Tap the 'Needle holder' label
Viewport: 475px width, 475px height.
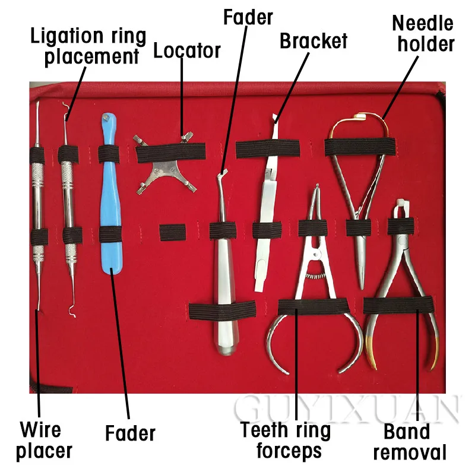[423, 33]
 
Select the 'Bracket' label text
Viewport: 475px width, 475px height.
[313, 42]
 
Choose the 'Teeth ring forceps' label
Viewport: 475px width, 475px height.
[286, 440]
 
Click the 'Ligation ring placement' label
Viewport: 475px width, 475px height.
[88, 46]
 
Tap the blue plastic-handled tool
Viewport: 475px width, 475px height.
[113, 196]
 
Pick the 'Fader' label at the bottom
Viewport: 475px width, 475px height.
[130, 433]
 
